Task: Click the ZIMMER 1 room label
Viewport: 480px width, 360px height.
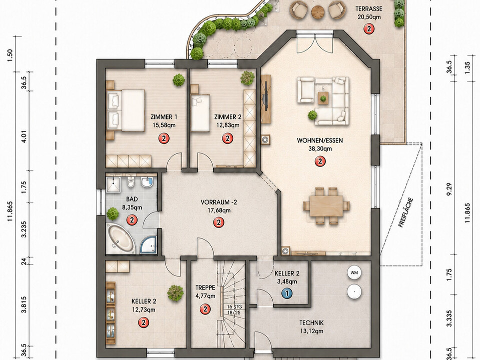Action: (x=164, y=117)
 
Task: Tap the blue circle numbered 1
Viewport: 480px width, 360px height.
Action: (x=287, y=293)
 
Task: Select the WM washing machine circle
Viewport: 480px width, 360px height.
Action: (x=354, y=272)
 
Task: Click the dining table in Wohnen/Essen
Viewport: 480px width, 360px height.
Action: (x=326, y=205)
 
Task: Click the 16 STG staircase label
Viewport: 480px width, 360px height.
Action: (x=234, y=306)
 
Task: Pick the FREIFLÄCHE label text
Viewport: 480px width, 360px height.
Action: (x=406, y=212)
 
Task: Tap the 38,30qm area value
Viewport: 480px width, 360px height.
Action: (x=320, y=149)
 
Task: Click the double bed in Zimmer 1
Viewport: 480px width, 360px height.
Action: (x=126, y=110)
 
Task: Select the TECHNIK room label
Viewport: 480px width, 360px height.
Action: (x=311, y=322)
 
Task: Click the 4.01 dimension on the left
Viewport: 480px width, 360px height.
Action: (x=25, y=136)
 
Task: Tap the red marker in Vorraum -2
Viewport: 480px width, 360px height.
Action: (x=219, y=222)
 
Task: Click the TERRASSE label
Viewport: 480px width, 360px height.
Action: (x=369, y=8)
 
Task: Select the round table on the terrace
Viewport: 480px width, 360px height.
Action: (x=318, y=11)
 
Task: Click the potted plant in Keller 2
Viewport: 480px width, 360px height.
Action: (x=175, y=292)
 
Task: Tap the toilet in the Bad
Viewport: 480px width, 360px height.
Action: (x=131, y=181)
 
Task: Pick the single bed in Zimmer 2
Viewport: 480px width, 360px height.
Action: (x=200, y=113)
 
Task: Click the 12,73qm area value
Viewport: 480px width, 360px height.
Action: (x=144, y=310)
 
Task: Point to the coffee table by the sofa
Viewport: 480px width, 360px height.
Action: (x=323, y=98)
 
